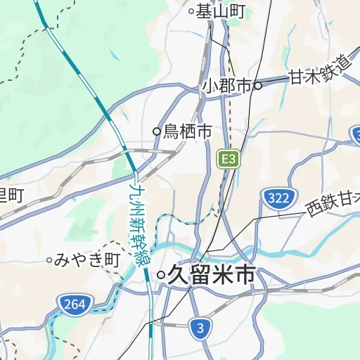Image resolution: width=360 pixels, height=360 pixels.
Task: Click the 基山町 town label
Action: [x=220, y=11]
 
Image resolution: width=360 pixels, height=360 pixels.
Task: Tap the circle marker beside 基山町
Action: [x=191, y=11]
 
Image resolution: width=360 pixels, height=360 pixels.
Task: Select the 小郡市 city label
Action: [x=227, y=85]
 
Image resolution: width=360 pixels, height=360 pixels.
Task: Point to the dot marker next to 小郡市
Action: [x=258, y=86]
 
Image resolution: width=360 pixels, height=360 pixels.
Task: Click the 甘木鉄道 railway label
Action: [x=319, y=70]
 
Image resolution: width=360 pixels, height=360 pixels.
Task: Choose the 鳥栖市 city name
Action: [x=188, y=131]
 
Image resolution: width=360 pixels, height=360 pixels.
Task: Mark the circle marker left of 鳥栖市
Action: [x=157, y=131]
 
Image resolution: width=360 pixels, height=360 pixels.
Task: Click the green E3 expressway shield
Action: [x=228, y=159]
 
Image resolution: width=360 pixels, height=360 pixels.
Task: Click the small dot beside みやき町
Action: [x=49, y=260]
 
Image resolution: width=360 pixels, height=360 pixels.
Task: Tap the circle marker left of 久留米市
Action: [x=161, y=275]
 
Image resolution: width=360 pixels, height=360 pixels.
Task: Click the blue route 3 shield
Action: [x=201, y=328]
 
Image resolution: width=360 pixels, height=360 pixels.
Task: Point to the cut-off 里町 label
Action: [x=11, y=195]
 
